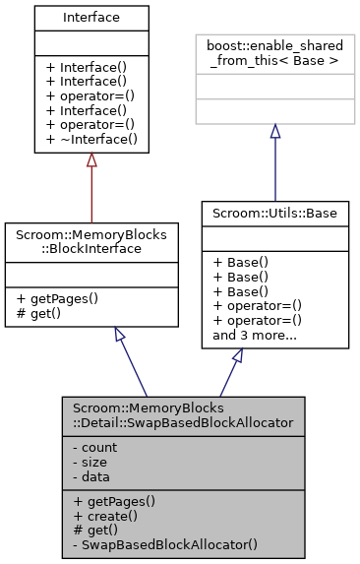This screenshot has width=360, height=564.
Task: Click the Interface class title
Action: coord(91,17)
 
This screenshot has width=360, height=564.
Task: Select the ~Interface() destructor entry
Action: coord(90,141)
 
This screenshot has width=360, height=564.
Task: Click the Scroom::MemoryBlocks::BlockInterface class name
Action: coord(91,243)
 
